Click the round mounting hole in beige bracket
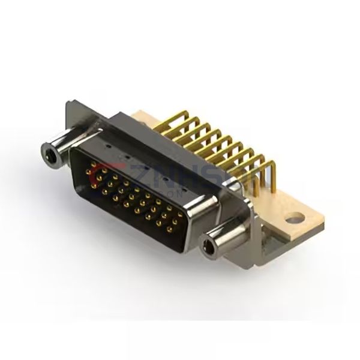point(293,219)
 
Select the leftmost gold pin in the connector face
point(88,171)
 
